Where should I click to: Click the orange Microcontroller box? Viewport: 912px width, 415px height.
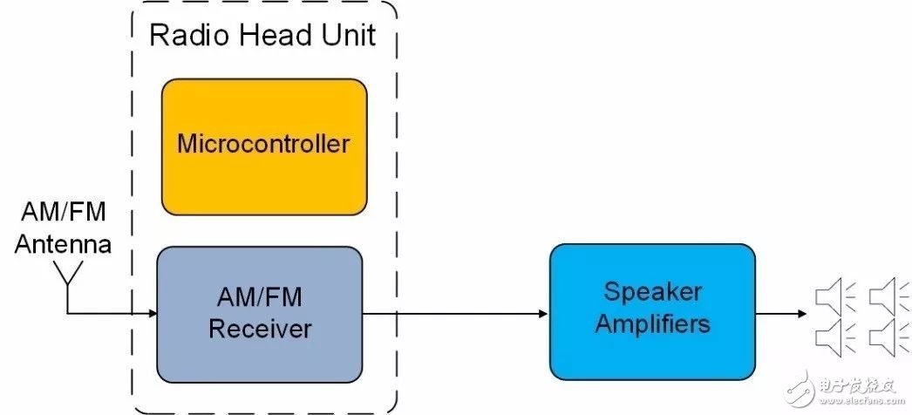264,147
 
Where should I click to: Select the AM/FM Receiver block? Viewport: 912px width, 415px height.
260,315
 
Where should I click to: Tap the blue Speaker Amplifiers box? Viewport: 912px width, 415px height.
652,311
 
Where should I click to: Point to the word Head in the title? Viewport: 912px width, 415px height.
271,35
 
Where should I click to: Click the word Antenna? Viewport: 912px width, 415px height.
63,244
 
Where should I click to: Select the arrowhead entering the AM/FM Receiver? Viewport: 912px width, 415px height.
153,314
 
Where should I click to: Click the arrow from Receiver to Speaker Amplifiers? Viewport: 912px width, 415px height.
455,315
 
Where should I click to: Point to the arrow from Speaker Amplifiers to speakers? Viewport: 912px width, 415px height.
781,314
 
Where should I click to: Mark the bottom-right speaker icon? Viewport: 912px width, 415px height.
888,336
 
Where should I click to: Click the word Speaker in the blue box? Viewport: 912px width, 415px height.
652,292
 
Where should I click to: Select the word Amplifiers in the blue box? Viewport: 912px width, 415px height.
652,324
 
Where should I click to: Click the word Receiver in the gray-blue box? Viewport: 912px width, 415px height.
260,329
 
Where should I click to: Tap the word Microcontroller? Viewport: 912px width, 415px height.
263,143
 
